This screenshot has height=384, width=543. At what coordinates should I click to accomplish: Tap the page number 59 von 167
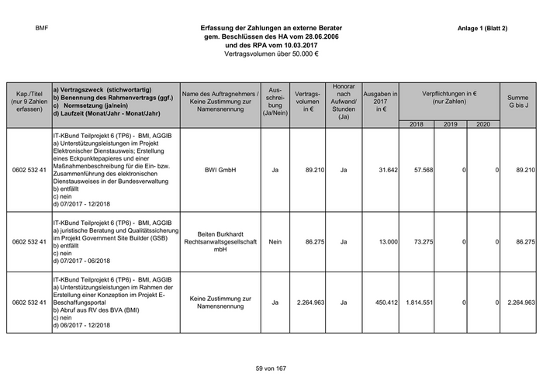(x=271, y=367)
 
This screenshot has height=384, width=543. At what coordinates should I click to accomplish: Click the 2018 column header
(x=417, y=124)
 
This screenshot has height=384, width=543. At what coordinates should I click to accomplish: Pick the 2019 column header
(x=451, y=124)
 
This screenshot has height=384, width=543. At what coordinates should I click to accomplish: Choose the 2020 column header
(x=483, y=124)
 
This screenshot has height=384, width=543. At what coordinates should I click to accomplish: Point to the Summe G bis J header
(x=518, y=102)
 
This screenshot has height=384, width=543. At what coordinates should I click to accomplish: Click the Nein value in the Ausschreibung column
(x=275, y=242)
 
